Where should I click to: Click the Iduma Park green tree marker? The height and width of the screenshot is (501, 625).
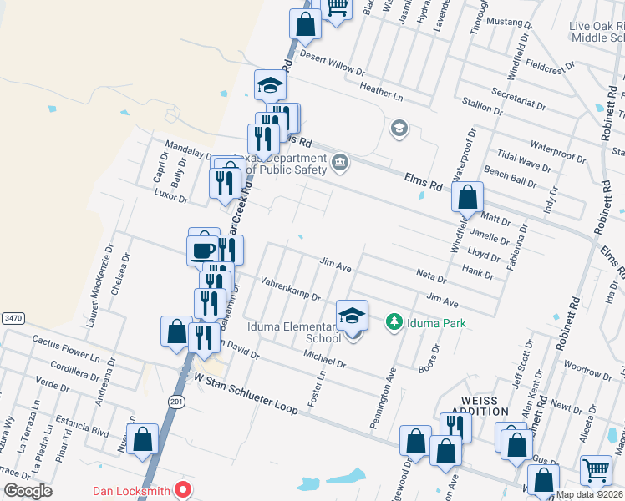pyautogui.click(x=394, y=321)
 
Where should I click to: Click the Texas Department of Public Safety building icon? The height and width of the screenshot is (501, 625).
pyautogui.click(x=339, y=161)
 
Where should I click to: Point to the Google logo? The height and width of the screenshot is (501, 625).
pyautogui.click(x=28, y=491)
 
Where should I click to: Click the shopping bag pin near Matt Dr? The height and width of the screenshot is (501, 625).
pyautogui.click(x=468, y=198)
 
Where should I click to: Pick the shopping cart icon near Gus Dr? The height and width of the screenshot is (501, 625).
pyautogui.click(x=596, y=470)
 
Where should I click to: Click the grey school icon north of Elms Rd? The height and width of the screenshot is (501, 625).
pyautogui.click(x=399, y=128)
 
